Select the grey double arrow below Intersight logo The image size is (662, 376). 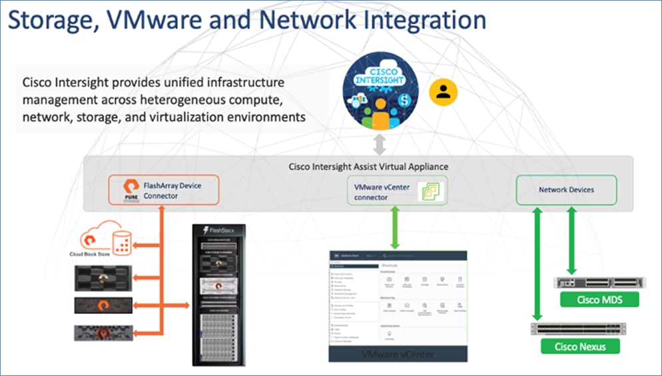click(378, 143)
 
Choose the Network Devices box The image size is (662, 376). click(566, 189)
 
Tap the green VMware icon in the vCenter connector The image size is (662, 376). click(432, 192)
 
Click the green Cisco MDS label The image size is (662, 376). click(599, 300)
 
